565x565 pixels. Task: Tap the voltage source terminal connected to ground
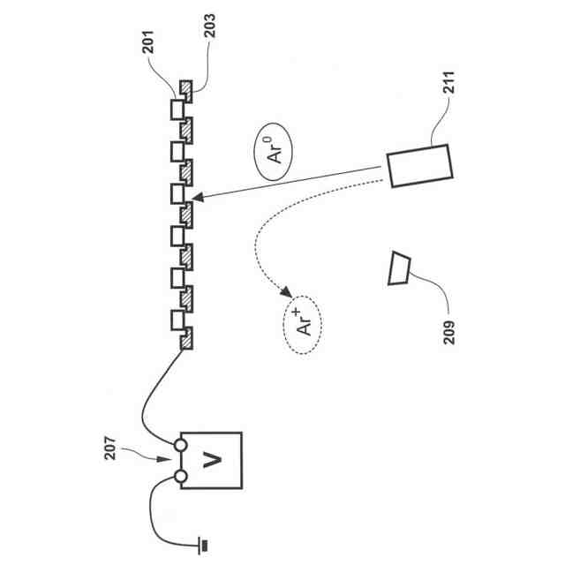[180, 477]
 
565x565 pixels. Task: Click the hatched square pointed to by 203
[188, 88]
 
